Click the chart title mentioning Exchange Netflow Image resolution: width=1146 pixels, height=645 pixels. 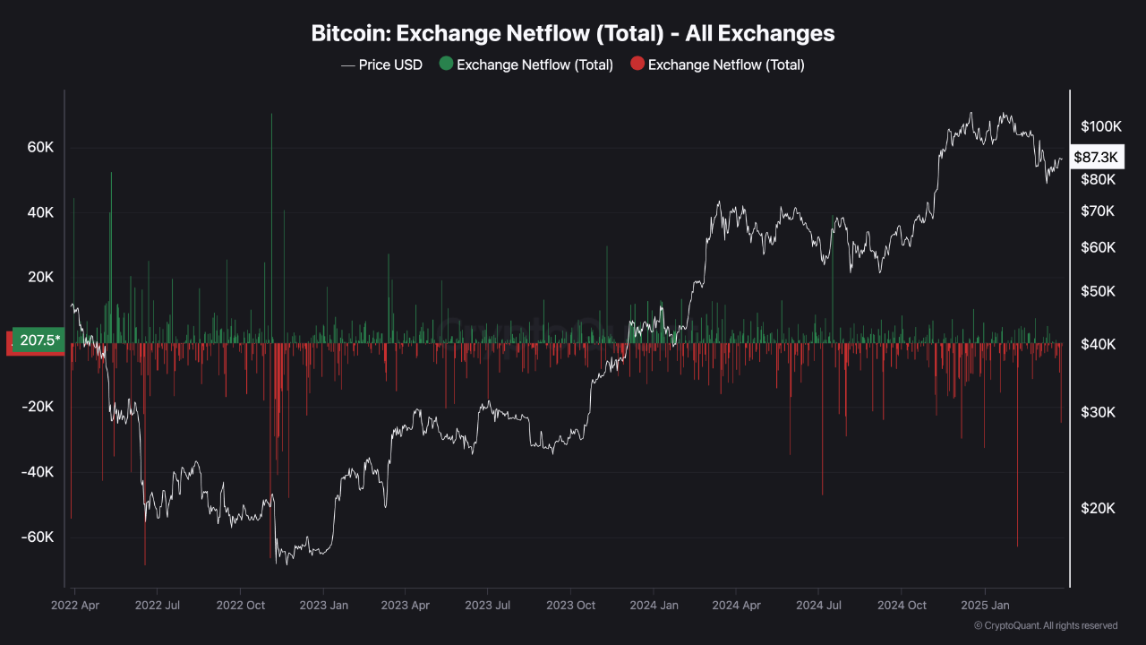tap(573, 33)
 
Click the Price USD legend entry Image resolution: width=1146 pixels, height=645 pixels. tap(381, 64)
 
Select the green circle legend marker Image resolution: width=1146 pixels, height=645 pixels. tap(445, 64)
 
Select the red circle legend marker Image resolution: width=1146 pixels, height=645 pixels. tap(637, 64)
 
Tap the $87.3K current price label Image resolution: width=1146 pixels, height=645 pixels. tap(1096, 157)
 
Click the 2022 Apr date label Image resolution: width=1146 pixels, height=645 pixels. tap(76, 605)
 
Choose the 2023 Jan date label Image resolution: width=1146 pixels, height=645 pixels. tap(323, 605)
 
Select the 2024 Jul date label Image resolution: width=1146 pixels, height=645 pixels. tap(817, 605)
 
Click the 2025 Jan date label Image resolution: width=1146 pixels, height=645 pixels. tap(984, 605)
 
